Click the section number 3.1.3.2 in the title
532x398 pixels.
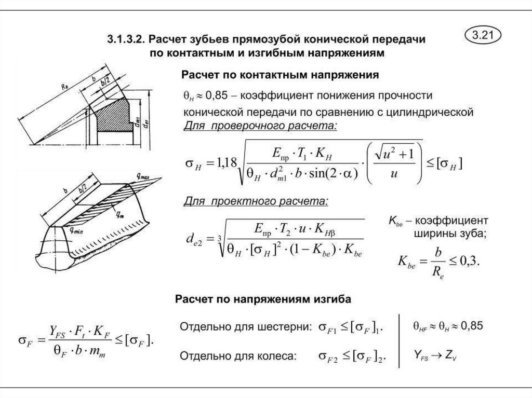point(126,39)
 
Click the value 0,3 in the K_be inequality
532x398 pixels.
point(471,261)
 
